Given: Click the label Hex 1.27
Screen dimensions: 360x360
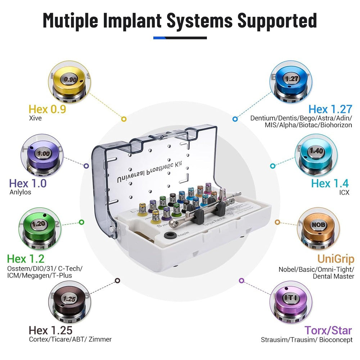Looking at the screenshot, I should pos(330,109).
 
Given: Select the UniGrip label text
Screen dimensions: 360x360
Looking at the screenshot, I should pos(336,258).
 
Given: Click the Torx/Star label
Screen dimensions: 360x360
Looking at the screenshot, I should pos(328,330).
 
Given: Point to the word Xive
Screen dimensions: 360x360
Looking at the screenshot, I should pos(35,118).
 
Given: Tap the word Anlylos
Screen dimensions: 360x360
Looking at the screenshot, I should pos(20,192).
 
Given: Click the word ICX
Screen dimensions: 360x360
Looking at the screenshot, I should pos(344,192).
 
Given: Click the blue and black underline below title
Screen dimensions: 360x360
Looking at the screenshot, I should pos(180,38).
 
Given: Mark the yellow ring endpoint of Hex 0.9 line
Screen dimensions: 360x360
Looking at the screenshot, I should pos(123,118).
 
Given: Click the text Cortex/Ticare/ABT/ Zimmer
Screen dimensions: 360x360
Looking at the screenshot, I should pos(70,339).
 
